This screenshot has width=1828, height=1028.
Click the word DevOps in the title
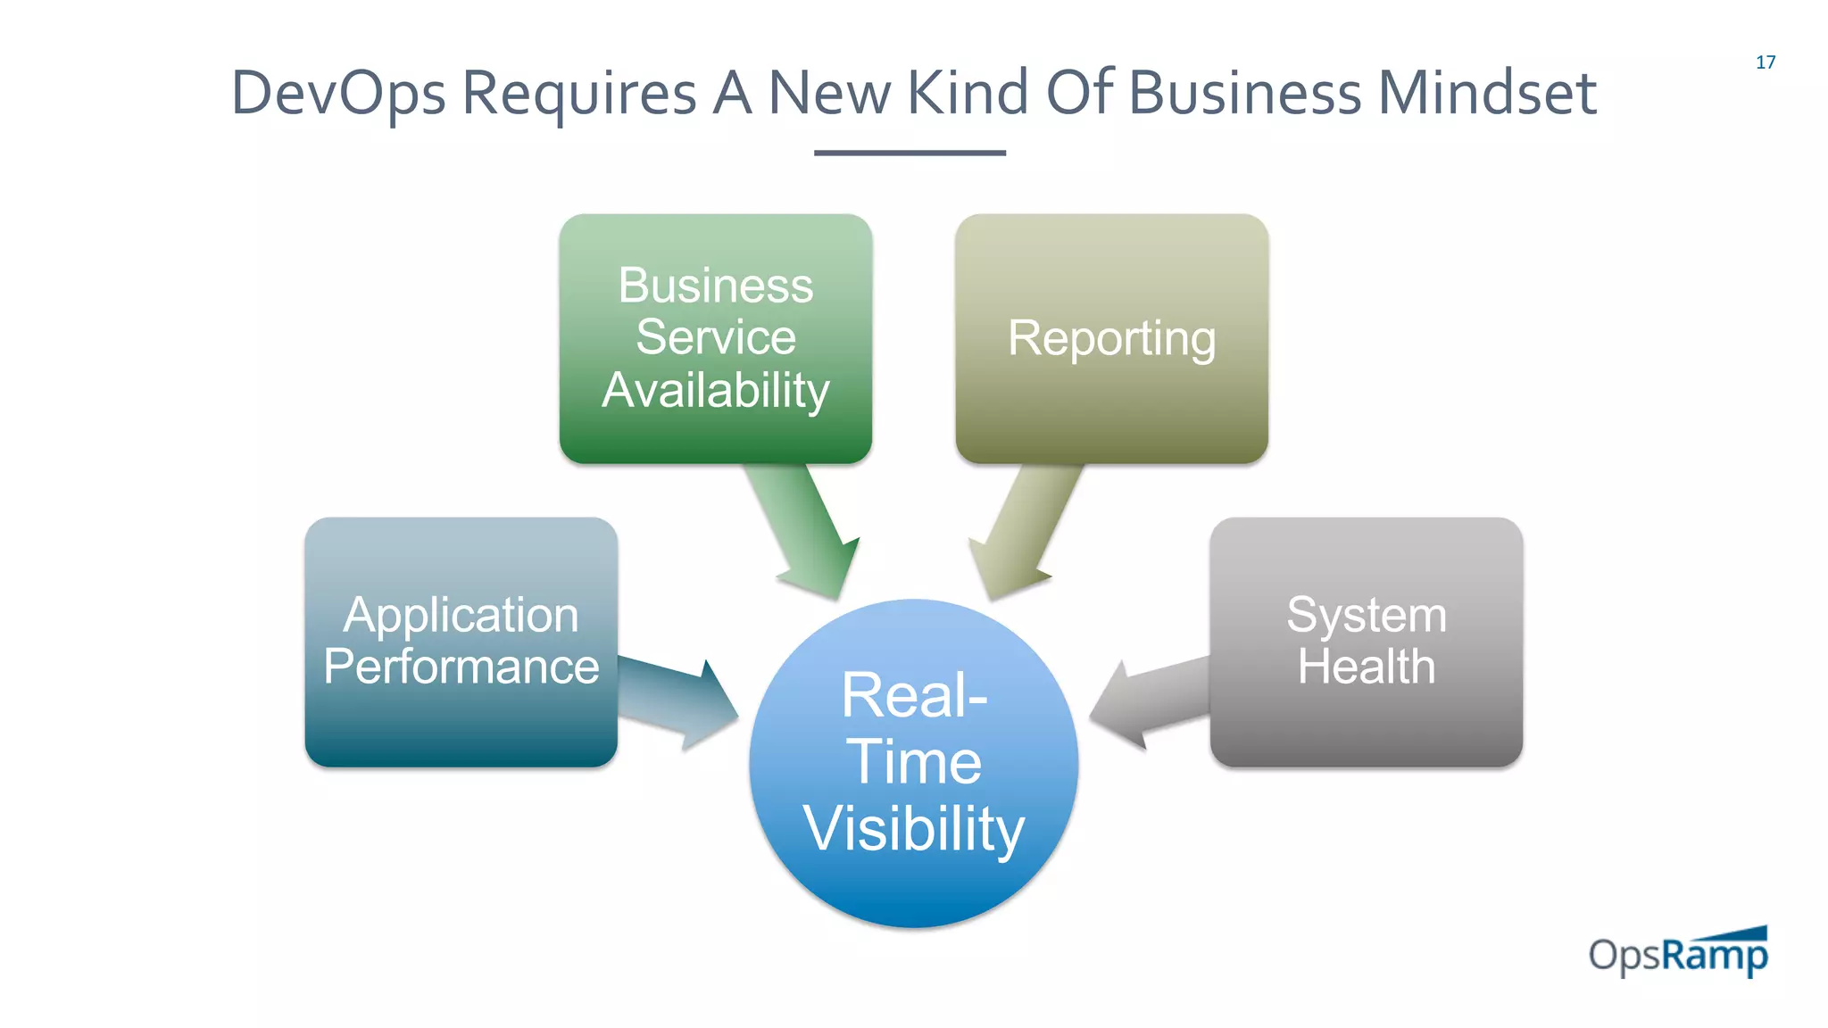pyautogui.click(x=337, y=94)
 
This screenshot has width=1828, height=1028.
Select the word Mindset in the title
pyautogui.click(x=1487, y=94)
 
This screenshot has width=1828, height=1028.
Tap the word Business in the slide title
pyautogui.click(x=1245, y=94)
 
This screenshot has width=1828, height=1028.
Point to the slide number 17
pyautogui.click(x=1765, y=62)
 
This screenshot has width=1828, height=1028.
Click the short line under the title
pyautogui.click(x=910, y=153)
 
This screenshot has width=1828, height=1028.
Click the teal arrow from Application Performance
pyautogui.click(x=678, y=701)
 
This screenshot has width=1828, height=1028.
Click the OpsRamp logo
pyautogui.click(x=1678, y=954)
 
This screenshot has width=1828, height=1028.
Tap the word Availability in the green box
pyautogui.click(x=716, y=390)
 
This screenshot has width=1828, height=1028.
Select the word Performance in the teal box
pyautogui.click(x=461, y=667)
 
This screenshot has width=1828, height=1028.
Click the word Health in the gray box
pyautogui.click(x=1366, y=667)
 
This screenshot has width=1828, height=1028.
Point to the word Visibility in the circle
pyautogui.click(x=914, y=828)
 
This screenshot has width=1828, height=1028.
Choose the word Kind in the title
pyautogui.click(x=968, y=94)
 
